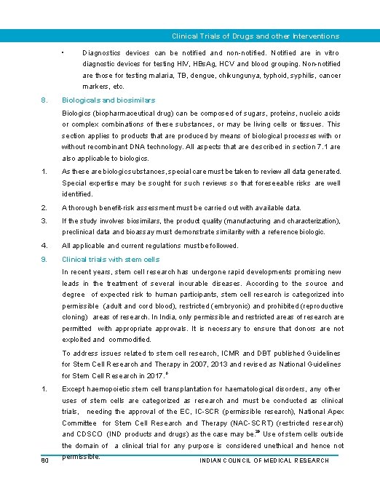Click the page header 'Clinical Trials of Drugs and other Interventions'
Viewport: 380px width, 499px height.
tap(255, 36)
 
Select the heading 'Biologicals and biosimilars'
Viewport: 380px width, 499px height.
tap(108, 100)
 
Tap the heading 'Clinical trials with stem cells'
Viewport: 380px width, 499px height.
tap(111, 259)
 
